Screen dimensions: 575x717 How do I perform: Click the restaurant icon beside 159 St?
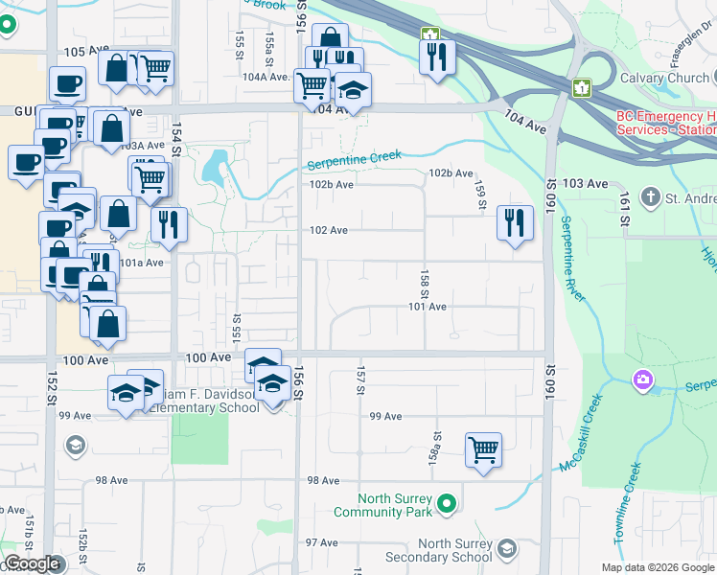(515, 223)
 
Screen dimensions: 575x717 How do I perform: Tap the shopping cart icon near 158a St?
(483, 448)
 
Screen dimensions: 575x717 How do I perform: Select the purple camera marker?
(642, 380)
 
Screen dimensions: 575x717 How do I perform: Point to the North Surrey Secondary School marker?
(506, 547)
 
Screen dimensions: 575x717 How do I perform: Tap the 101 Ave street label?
(428, 307)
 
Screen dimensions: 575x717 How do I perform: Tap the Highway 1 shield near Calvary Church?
(580, 88)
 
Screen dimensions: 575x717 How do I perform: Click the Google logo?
(32, 563)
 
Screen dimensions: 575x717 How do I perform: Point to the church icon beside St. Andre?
(651, 197)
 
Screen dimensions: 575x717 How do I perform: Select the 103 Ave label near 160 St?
(586, 183)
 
